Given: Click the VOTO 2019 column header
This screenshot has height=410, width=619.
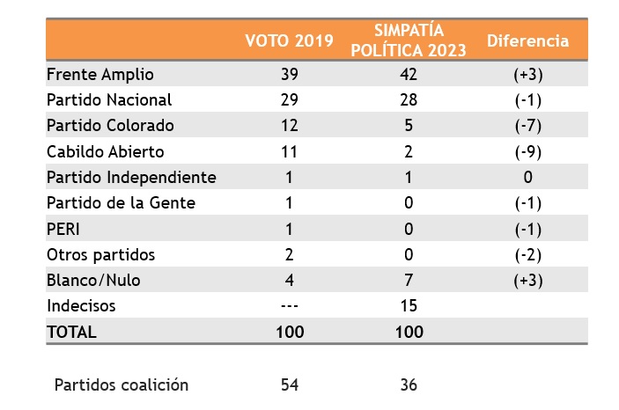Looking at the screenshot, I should tap(289, 41).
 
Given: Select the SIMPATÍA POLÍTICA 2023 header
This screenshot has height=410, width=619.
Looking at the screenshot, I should tap(409, 41).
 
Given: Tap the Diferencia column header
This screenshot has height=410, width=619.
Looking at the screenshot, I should tap(527, 41).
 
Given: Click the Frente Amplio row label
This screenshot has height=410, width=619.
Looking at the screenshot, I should tap(99, 75).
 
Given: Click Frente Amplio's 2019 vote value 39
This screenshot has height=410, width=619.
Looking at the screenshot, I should tap(289, 75).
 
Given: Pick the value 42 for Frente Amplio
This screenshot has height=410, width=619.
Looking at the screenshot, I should tap(409, 75).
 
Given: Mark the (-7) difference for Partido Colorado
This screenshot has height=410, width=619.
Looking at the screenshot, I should tap(527, 126).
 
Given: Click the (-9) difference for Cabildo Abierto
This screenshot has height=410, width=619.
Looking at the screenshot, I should tap(527, 151).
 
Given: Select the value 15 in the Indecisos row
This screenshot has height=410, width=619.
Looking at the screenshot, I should tap(409, 306).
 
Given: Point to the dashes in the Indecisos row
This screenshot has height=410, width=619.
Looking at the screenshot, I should tap(289, 306).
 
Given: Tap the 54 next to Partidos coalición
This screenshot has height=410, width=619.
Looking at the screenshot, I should tap(289, 384).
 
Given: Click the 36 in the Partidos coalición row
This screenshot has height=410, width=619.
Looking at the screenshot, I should tap(409, 384).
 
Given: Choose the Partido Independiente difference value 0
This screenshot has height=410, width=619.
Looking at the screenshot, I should tap(527, 177).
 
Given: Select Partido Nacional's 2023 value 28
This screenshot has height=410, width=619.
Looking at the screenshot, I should tap(409, 100).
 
